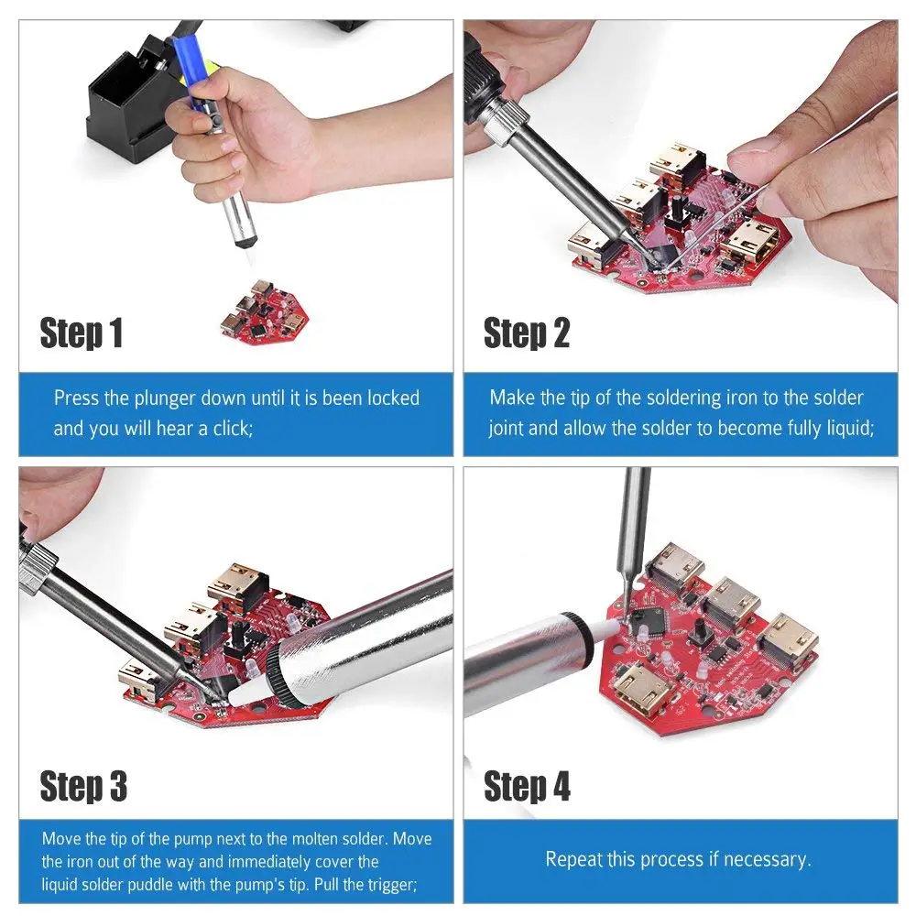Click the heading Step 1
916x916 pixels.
point(82,333)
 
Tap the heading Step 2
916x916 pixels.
point(527,333)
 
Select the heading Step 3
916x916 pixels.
point(83,786)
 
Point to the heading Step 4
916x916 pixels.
point(527,786)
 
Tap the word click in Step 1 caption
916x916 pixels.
point(233,429)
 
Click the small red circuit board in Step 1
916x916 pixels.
point(265,313)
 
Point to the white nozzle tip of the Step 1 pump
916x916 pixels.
point(248,255)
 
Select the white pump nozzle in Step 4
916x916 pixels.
point(605,631)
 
